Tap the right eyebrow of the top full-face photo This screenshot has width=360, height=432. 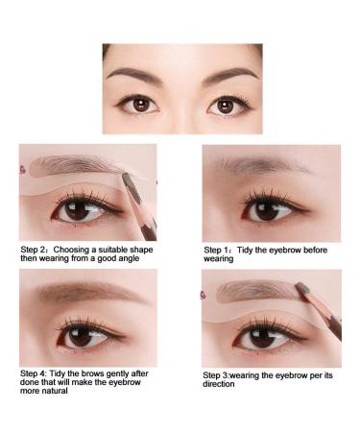pyautogui.click(x=228, y=74)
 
